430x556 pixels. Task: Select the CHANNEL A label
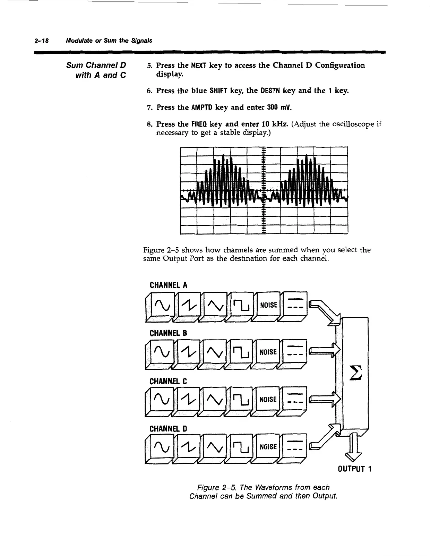click(169, 285)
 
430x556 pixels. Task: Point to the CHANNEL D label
click(169, 428)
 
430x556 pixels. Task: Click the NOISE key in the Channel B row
click(268, 352)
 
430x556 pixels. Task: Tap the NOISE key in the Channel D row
click(268, 447)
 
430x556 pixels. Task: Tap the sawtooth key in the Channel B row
click(187, 352)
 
